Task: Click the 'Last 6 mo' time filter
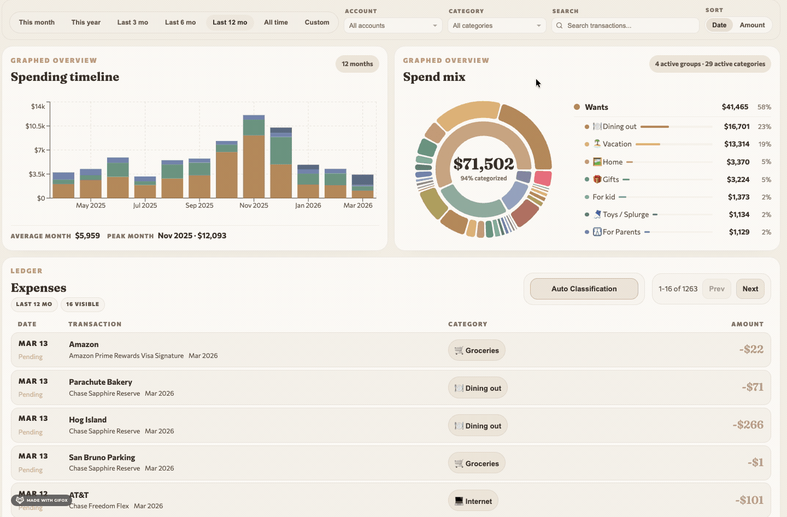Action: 180,22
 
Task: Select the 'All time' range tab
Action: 275,22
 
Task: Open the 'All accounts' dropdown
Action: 393,26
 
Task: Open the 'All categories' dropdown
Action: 497,26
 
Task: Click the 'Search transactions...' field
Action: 629,26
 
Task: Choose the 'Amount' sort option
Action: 752,25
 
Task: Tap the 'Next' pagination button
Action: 750,289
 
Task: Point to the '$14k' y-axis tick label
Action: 38,106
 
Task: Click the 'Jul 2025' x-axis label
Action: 145,206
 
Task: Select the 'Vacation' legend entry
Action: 617,144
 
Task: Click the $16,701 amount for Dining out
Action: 736,127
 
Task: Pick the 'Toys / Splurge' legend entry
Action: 625,215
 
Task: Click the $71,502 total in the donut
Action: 484,164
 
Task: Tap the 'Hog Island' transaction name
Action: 87,420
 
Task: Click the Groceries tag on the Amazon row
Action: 477,350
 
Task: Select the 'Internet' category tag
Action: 473,501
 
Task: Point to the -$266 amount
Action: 748,425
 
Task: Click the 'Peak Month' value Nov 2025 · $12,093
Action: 192,236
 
